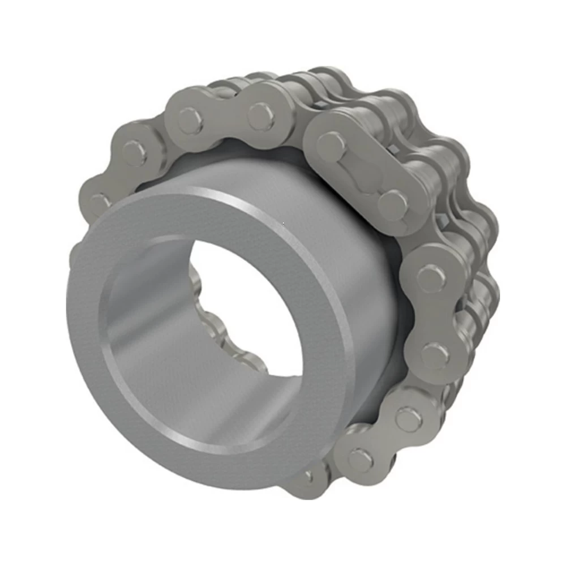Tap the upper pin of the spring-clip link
click(331, 144)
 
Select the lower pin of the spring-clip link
click(393, 202)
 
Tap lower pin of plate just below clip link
click(435, 355)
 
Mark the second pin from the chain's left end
click(134, 153)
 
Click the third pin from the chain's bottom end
click(408, 419)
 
